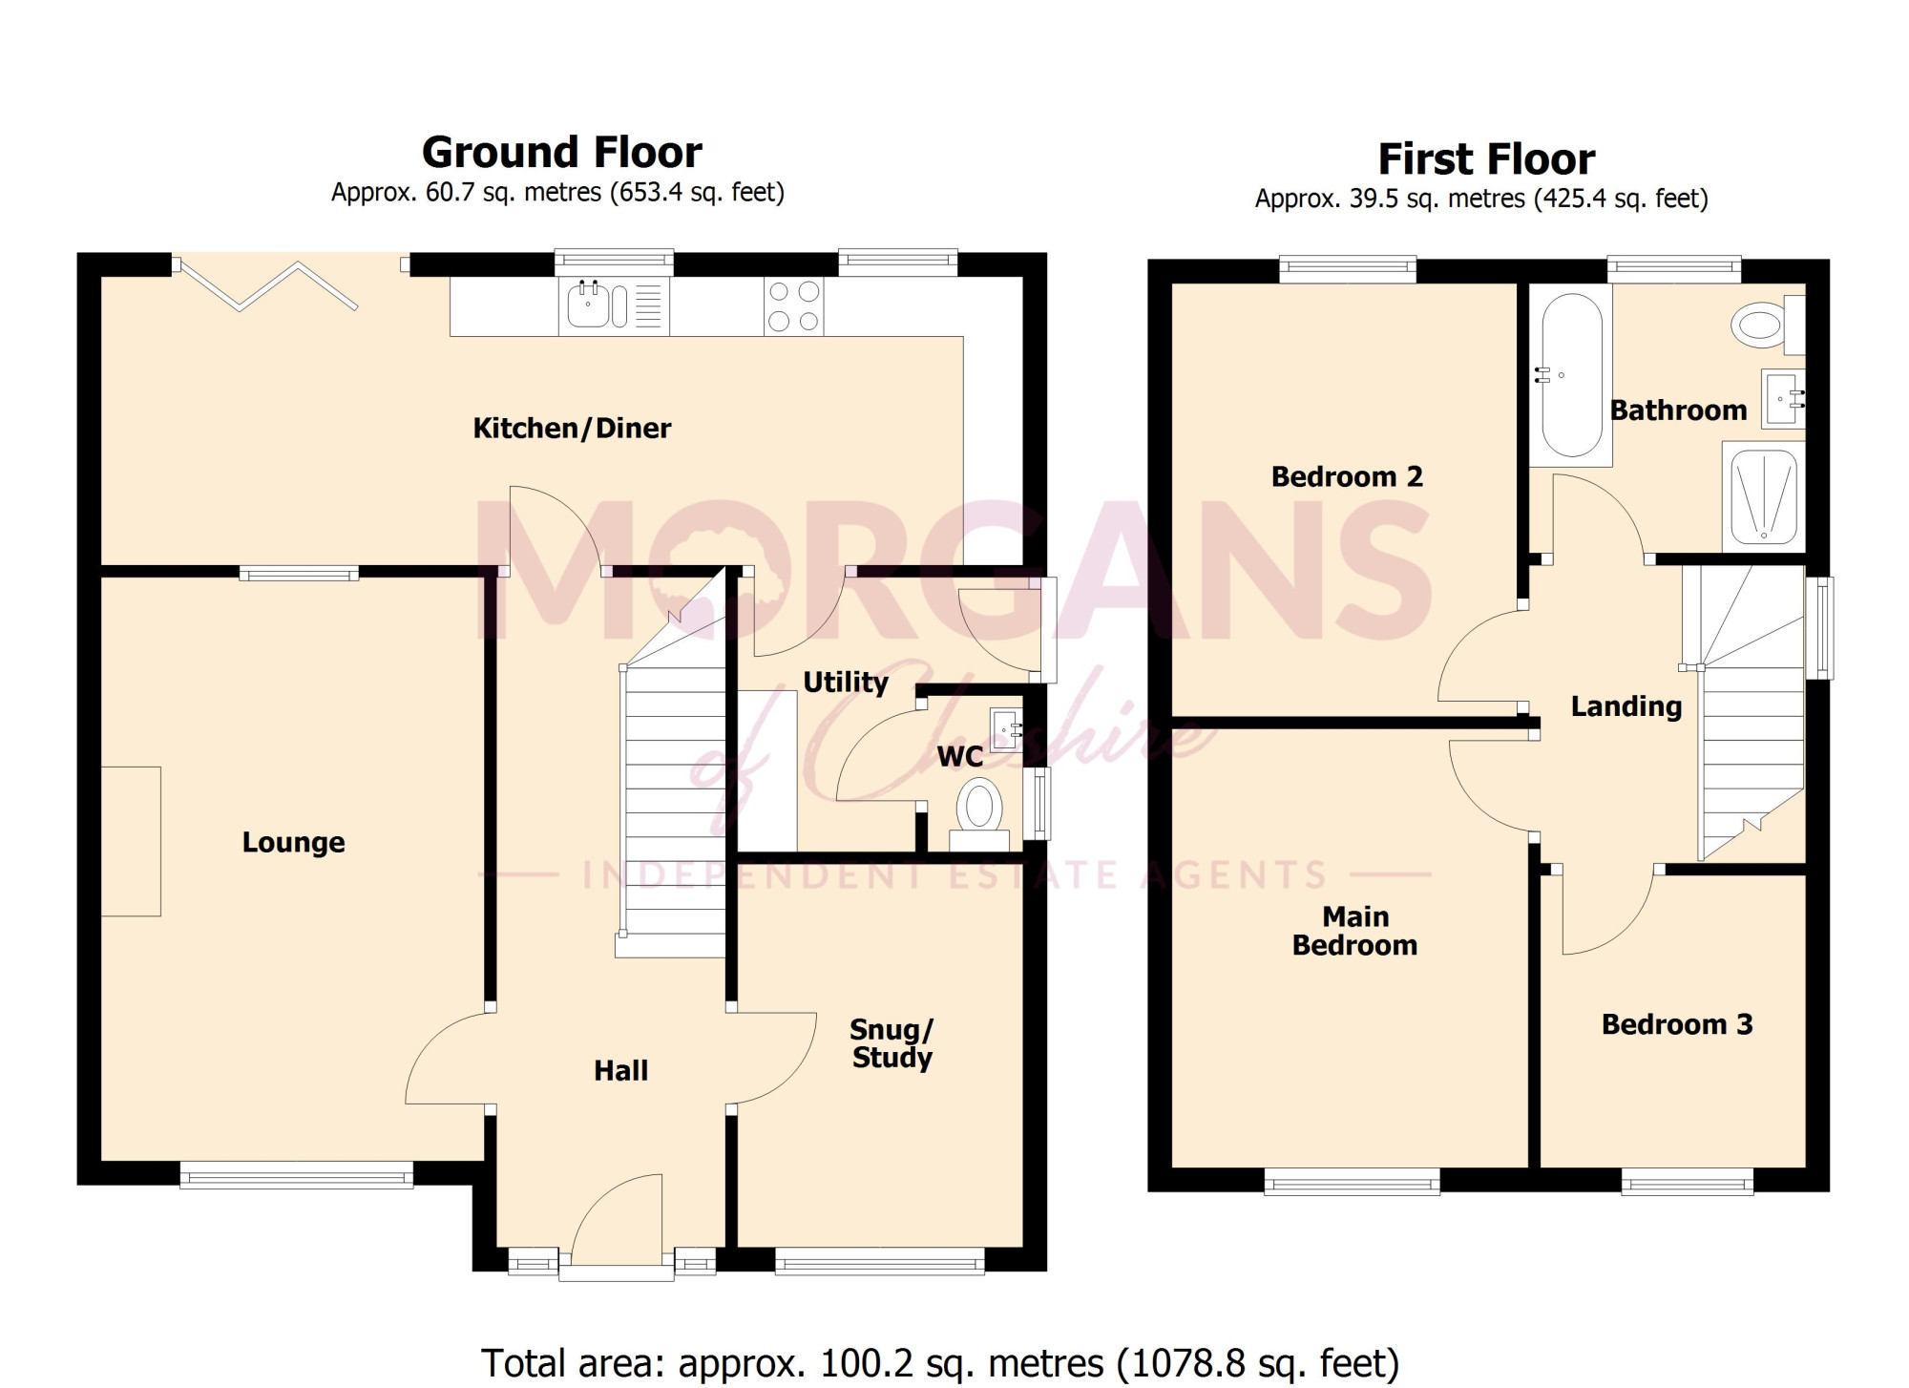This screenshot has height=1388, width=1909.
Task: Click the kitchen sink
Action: tap(614, 306)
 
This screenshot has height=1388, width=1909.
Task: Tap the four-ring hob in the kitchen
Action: tap(794, 306)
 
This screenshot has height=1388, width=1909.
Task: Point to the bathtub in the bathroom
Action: tap(1571, 375)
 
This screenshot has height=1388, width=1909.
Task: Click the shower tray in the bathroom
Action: tap(1764, 496)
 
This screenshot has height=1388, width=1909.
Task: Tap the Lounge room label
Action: tap(293, 843)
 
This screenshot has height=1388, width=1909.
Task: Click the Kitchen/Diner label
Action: tap(572, 429)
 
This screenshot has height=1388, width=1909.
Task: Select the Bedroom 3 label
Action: tap(1677, 1024)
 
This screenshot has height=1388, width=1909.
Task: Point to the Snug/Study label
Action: tap(892, 1043)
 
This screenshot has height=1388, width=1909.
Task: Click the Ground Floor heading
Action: tap(562, 153)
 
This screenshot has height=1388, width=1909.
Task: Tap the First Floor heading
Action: tap(1486, 159)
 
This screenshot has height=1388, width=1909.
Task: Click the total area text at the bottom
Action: tap(940, 1363)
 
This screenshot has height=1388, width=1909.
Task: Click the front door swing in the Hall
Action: tap(617, 1222)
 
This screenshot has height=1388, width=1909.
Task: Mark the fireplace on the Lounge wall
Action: tap(131, 841)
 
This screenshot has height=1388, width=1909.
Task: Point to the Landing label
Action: tap(1626, 707)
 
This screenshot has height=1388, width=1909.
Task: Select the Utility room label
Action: tap(846, 683)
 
